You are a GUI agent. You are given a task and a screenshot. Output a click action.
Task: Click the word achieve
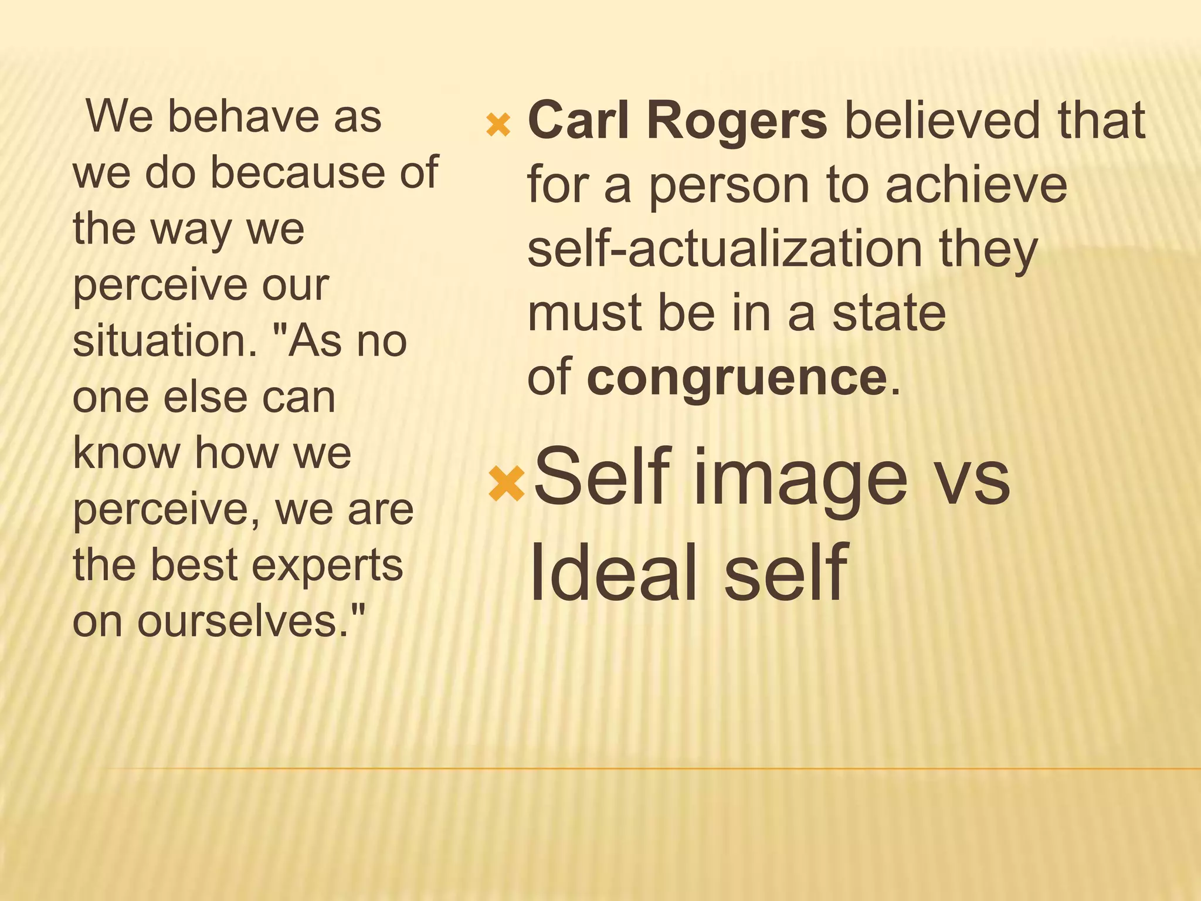coord(976,185)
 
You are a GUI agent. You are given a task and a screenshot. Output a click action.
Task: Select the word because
coord(300,172)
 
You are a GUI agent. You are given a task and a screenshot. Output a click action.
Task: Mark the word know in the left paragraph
coord(126,453)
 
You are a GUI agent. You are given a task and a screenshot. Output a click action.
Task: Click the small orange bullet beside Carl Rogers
coord(498,125)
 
